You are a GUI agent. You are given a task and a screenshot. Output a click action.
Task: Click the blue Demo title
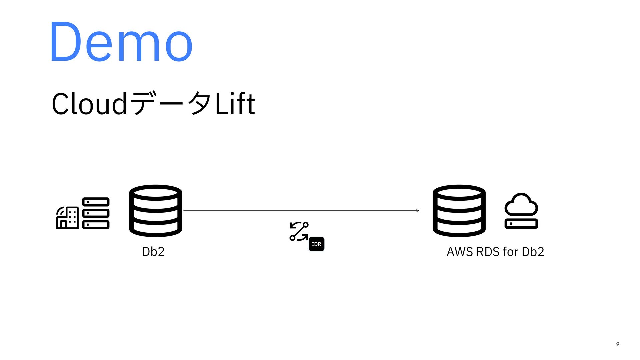pyautogui.click(x=121, y=42)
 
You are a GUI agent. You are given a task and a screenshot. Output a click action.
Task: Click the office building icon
pyautogui.click(x=67, y=218)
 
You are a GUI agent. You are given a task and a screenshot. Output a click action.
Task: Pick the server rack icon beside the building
pyautogui.click(x=96, y=213)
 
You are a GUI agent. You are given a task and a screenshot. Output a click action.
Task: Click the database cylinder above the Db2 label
pyautogui.click(x=156, y=211)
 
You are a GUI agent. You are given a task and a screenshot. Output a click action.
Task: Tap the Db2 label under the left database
pyautogui.click(x=153, y=252)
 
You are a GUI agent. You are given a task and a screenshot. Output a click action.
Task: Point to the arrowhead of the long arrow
pyautogui.click(x=417, y=211)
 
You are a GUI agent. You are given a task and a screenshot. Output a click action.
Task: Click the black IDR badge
pyautogui.click(x=316, y=244)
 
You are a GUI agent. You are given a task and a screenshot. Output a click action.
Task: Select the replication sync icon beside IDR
pyautogui.click(x=299, y=231)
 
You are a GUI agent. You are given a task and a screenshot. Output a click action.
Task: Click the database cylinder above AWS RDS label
pyautogui.click(x=459, y=211)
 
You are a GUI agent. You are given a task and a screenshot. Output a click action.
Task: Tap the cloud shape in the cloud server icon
pyautogui.click(x=521, y=204)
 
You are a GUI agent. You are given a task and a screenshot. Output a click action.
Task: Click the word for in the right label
pyautogui.click(x=510, y=252)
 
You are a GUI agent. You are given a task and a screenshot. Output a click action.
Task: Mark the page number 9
pyautogui.click(x=618, y=344)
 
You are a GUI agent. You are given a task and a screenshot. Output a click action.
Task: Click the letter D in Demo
pyautogui.click(x=65, y=42)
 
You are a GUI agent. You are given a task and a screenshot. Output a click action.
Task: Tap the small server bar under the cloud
pyautogui.click(x=521, y=224)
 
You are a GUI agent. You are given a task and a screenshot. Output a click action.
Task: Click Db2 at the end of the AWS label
pyautogui.click(x=533, y=252)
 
